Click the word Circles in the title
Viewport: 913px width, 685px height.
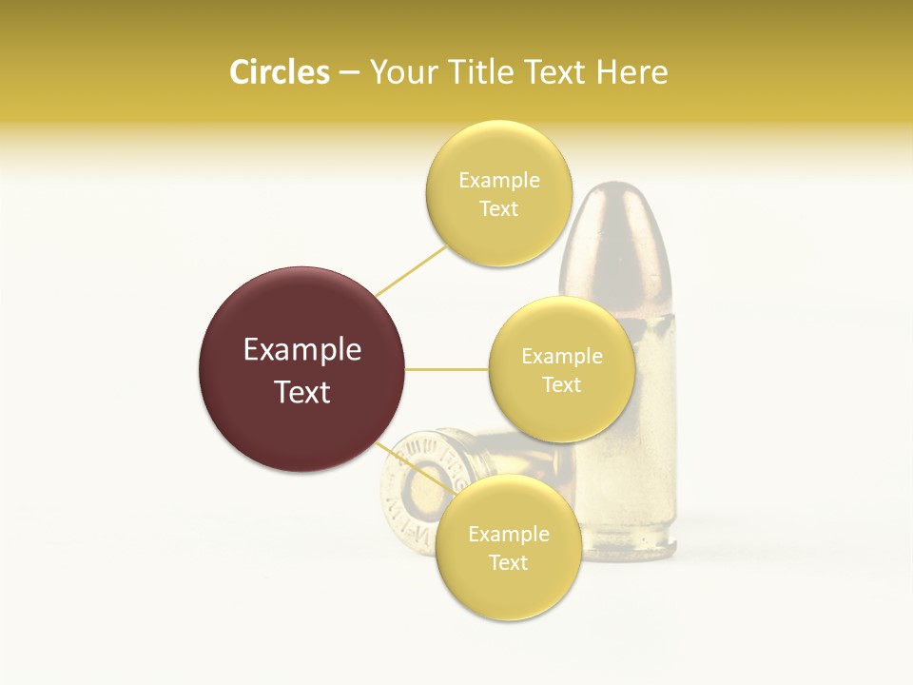point(279,72)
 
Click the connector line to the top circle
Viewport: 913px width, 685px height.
point(410,271)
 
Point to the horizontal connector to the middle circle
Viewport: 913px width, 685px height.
point(447,369)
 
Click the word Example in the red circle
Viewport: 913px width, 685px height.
point(302,350)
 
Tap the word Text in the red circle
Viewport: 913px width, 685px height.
point(302,392)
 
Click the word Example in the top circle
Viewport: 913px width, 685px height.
point(499,181)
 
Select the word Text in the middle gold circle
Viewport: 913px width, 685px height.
point(561,385)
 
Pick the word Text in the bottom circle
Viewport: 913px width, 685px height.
point(508,562)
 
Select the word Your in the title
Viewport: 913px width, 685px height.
point(400,72)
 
